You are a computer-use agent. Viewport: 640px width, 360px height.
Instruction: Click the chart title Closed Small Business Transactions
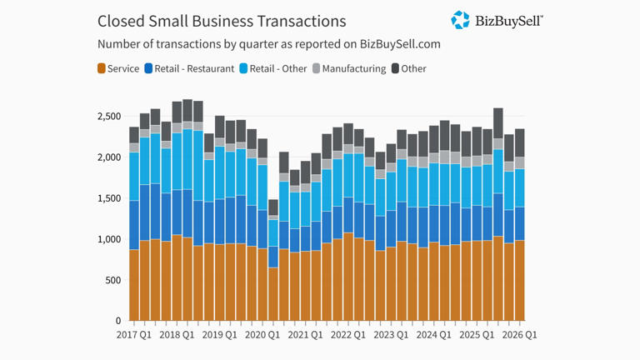tap(221, 21)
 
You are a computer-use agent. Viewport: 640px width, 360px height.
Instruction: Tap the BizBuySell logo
tap(497, 20)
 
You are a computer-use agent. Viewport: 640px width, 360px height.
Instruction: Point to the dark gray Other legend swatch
tap(395, 68)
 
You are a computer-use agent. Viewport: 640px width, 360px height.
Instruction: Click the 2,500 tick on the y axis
tap(107, 117)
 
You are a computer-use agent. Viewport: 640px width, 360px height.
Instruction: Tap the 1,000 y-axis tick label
tap(107, 240)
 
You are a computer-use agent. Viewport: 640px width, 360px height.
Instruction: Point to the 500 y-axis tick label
tap(112, 281)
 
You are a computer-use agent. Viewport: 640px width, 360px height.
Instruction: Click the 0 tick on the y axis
tap(118, 321)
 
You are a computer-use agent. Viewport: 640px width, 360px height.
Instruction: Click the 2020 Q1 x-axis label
tap(262, 335)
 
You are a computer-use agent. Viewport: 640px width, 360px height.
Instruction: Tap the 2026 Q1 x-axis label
tap(518, 335)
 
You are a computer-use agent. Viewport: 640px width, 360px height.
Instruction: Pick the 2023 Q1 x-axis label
tap(391, 335)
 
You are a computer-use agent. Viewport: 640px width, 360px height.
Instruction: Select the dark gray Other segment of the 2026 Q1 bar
tap(520, 142)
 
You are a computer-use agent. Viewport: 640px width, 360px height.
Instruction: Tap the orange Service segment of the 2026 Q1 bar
tap(520, 280)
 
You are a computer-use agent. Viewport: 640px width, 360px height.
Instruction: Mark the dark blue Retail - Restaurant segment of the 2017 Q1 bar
tap(134, 225)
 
